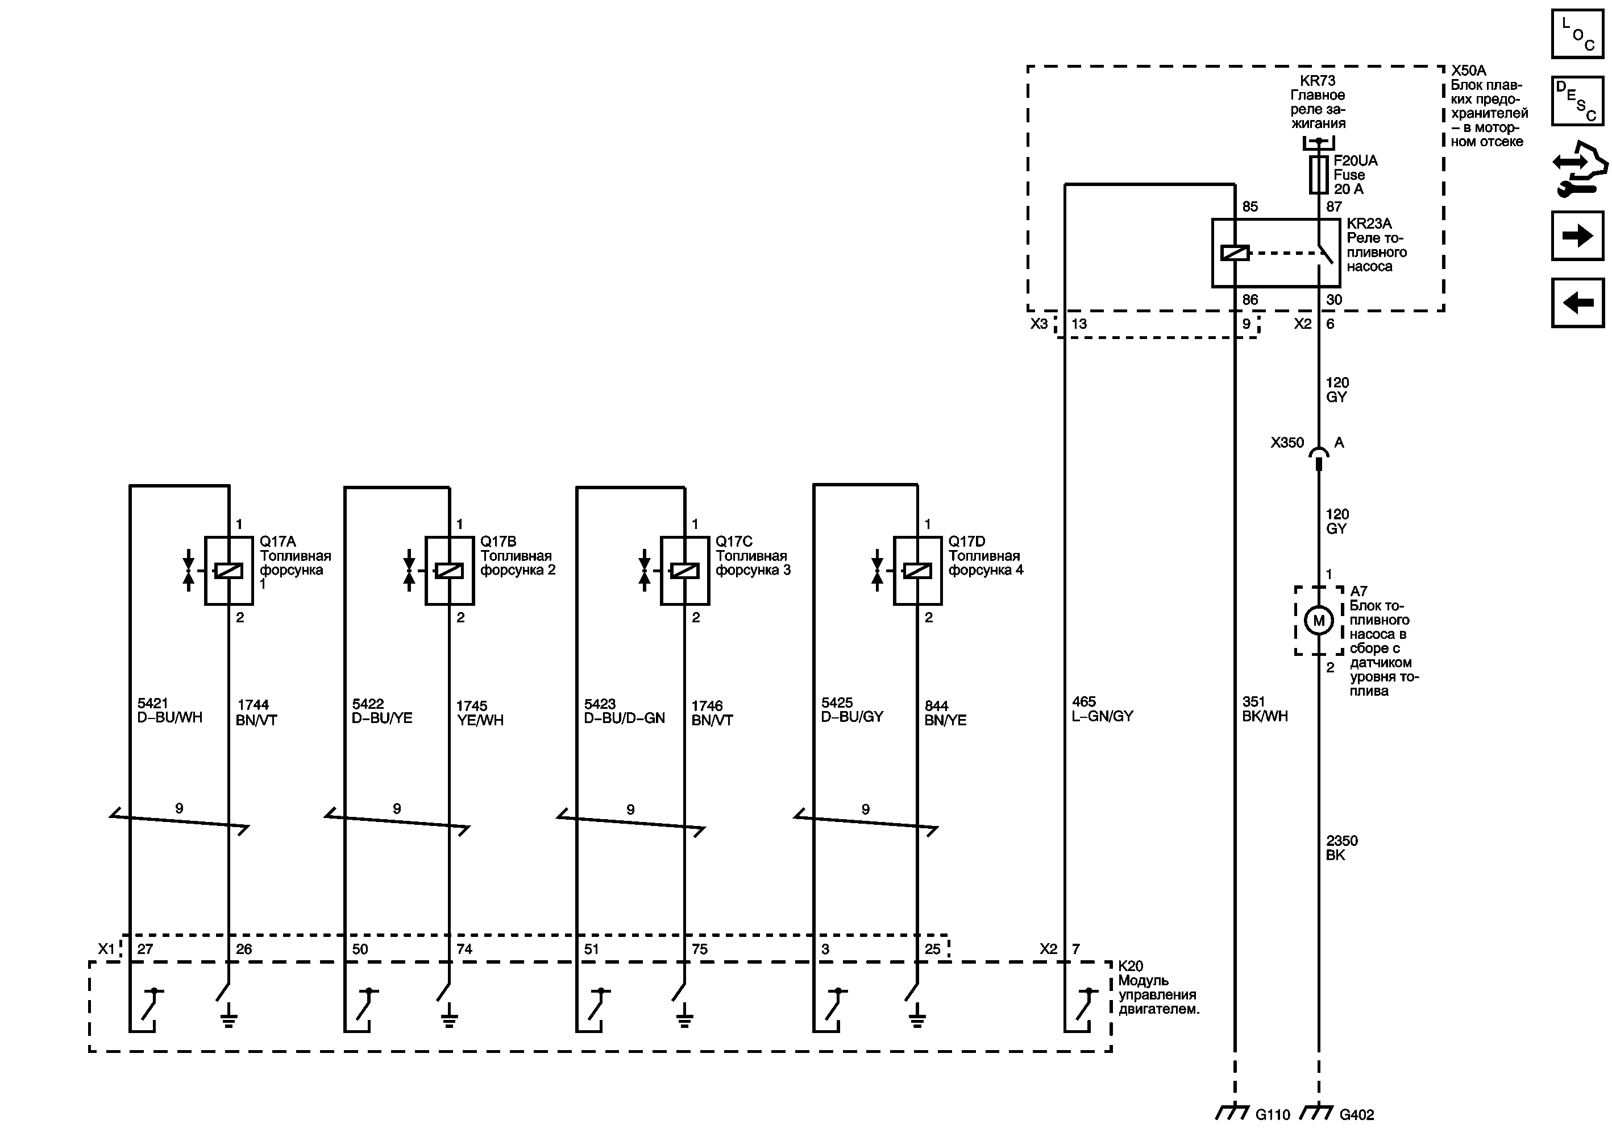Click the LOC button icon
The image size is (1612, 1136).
coord(1577,34)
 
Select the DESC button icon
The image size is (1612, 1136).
coord(1577,101)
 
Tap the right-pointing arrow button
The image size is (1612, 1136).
coord(1577,236)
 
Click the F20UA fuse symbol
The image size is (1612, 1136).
coord(1319,175)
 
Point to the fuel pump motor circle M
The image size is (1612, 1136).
coord(1319,621)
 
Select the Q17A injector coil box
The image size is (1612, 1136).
coord(229,571)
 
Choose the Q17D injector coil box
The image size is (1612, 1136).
coord(917,571)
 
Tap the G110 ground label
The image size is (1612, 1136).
coord(1272,1114)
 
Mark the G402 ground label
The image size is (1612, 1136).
coord(1356,1114)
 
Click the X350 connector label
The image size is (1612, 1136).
coord(1287,443)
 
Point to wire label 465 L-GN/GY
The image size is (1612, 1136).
coord(1102,709)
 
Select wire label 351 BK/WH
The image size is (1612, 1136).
coord(1265,709)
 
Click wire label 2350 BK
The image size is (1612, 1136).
coord(1341,847)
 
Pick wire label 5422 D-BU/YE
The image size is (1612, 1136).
coord(382,711)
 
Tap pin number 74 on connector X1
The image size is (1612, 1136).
coord(464,949)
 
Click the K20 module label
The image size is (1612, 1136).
coord(1158,987)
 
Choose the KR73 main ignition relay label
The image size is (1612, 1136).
coord(1318,102)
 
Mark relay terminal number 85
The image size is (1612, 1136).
coord(1250,206)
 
